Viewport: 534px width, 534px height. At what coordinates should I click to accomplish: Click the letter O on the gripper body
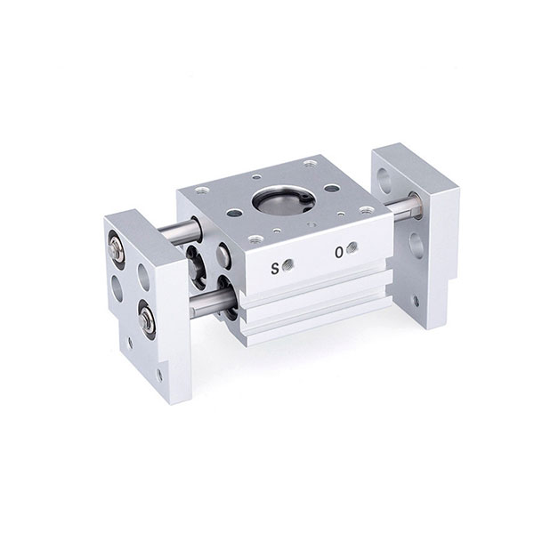338,253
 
